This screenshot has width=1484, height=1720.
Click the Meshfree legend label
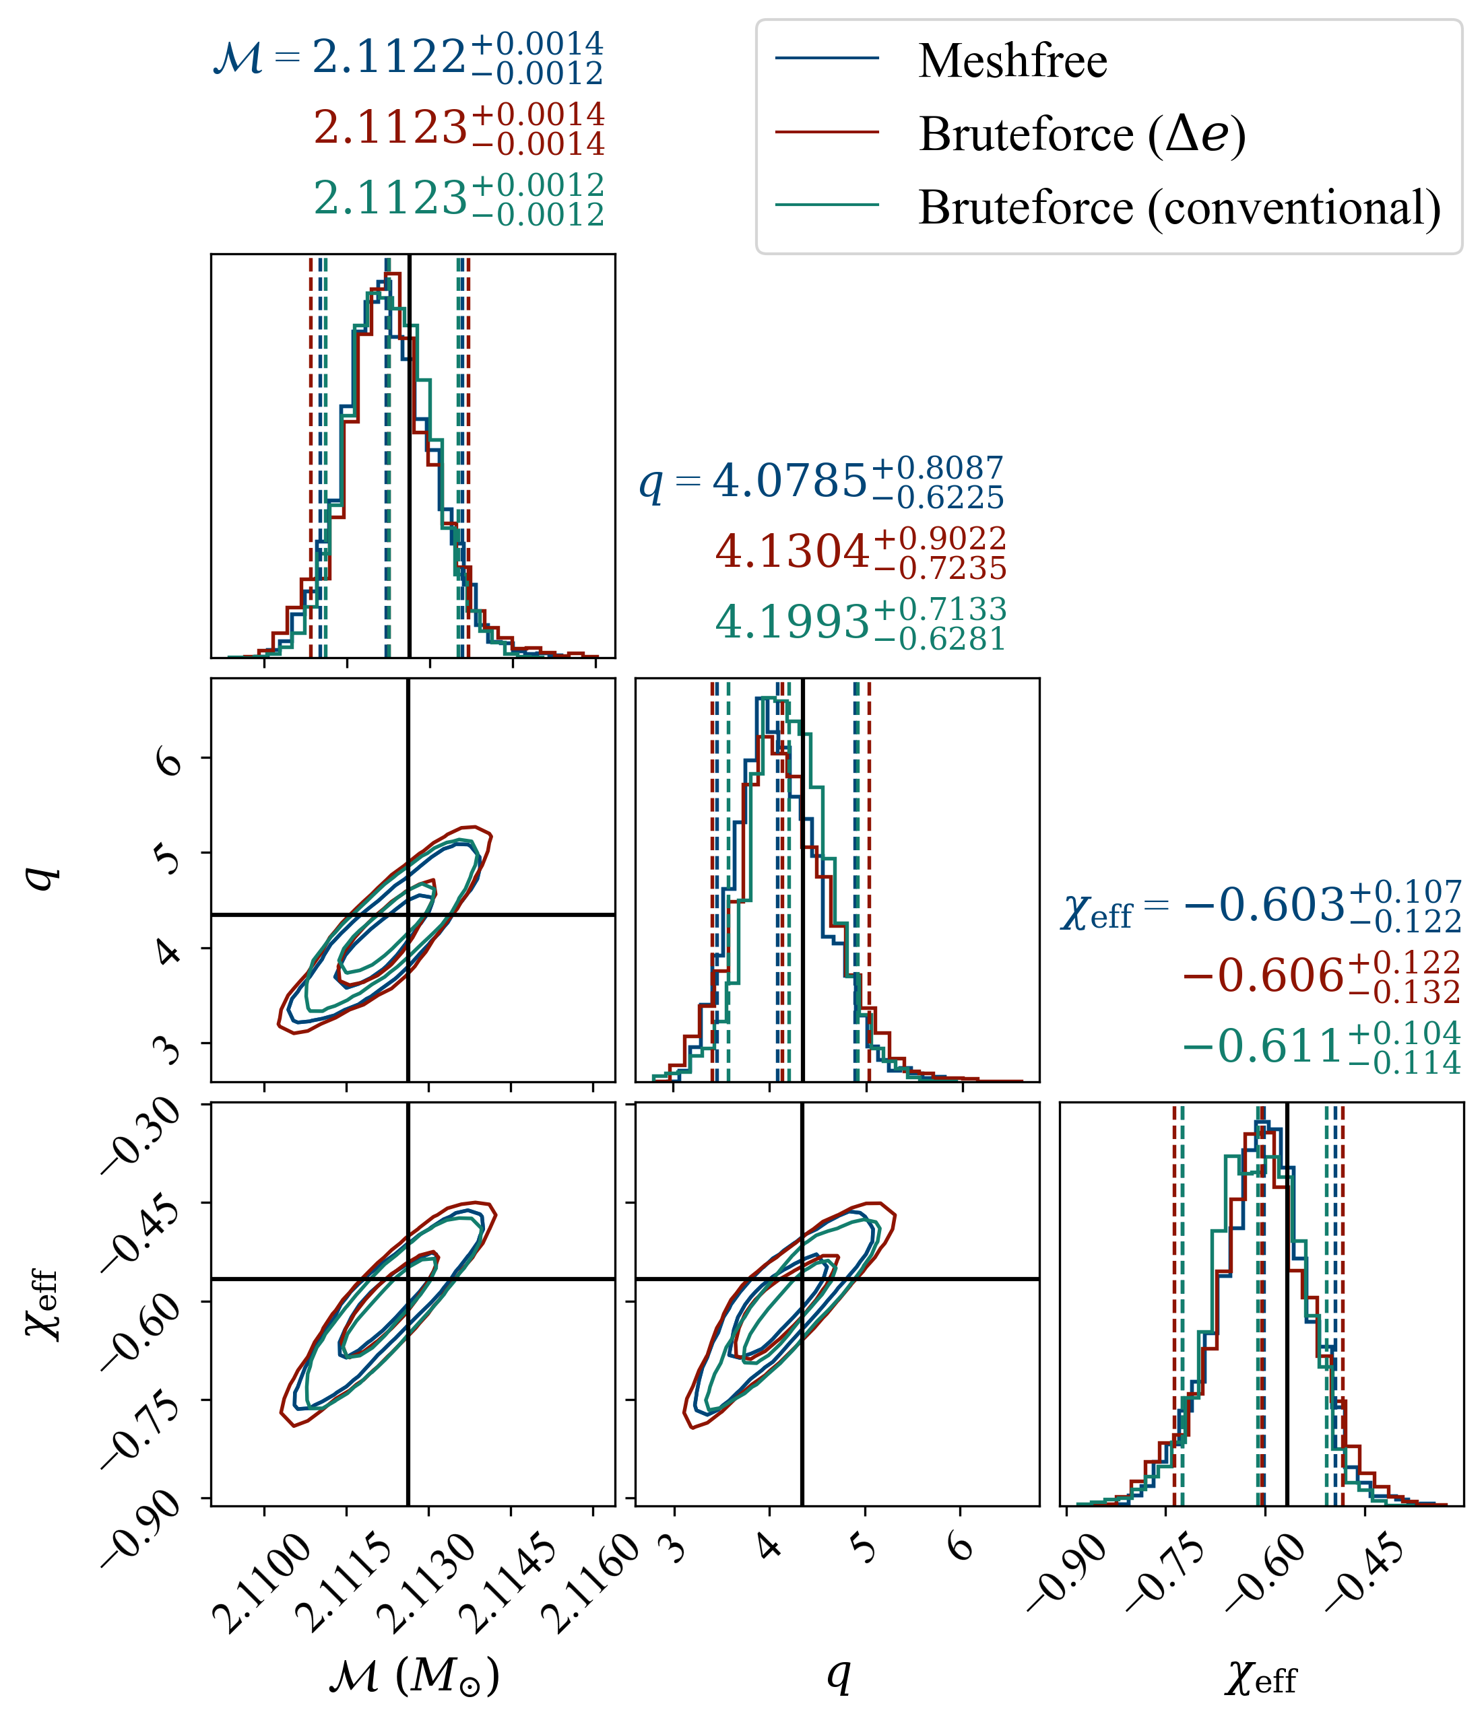pos(1012,61)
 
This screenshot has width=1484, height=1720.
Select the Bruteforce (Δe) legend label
pos(1082,134)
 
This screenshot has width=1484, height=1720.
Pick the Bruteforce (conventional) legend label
pos(1180,207)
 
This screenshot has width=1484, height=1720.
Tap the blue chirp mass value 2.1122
pos(389,58)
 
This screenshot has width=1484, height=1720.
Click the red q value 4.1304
pos(792,551)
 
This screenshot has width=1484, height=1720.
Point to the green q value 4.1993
pos(792,622)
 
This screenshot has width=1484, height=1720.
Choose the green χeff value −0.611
pos(1263,1046)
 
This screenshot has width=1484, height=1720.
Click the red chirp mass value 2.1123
pos(390,129)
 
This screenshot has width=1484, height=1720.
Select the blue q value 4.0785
pos(789,481)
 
